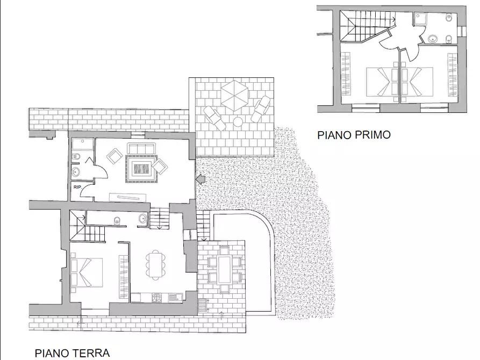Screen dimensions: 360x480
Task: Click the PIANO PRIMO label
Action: coord(354,135)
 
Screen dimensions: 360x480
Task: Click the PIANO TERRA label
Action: coord(72,353)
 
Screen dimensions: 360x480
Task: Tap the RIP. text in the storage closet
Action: coord(77,187)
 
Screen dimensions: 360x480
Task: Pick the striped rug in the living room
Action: coord(141,169)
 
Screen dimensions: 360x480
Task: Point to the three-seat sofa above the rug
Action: coord(140,148)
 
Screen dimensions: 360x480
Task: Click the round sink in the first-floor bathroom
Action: coord(433,39)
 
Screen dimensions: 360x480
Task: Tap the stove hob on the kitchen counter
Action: coord(156,297)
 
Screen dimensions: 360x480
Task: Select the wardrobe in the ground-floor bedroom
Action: coord(124,277)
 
